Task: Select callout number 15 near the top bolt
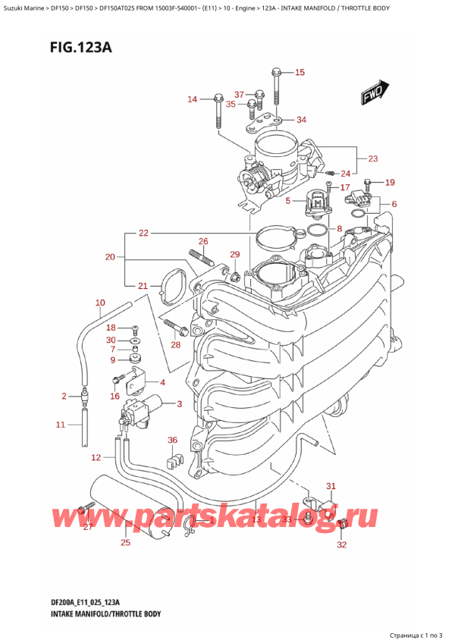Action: [299, 73]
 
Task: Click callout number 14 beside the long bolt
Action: [192, 99]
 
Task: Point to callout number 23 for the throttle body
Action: [372, 159]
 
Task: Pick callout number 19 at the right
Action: [390, 183]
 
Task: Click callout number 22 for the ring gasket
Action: [143, 233]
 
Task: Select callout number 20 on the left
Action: [110, 257]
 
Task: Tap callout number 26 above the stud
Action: [202, 242]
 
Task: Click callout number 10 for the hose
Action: [99, 303]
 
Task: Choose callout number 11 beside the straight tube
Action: [61, 425]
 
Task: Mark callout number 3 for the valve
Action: [179, 403]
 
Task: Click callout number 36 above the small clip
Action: [172, 441]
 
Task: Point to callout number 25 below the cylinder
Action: [125, 542]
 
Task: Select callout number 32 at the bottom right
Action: [341, 544]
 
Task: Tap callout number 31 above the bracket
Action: [330, 486]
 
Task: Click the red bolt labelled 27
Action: [80, 509]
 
